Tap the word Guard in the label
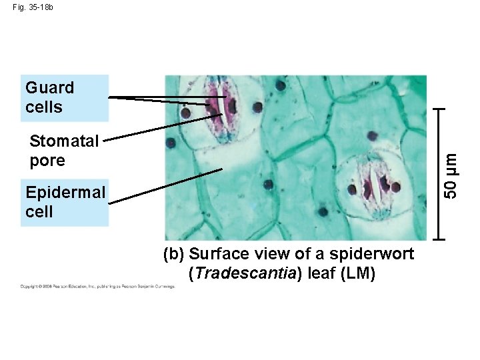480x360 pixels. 49,87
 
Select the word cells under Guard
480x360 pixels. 44,107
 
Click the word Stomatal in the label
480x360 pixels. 65,141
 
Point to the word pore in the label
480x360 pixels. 47,161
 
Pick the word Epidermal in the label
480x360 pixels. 65,193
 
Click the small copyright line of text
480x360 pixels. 98,287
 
